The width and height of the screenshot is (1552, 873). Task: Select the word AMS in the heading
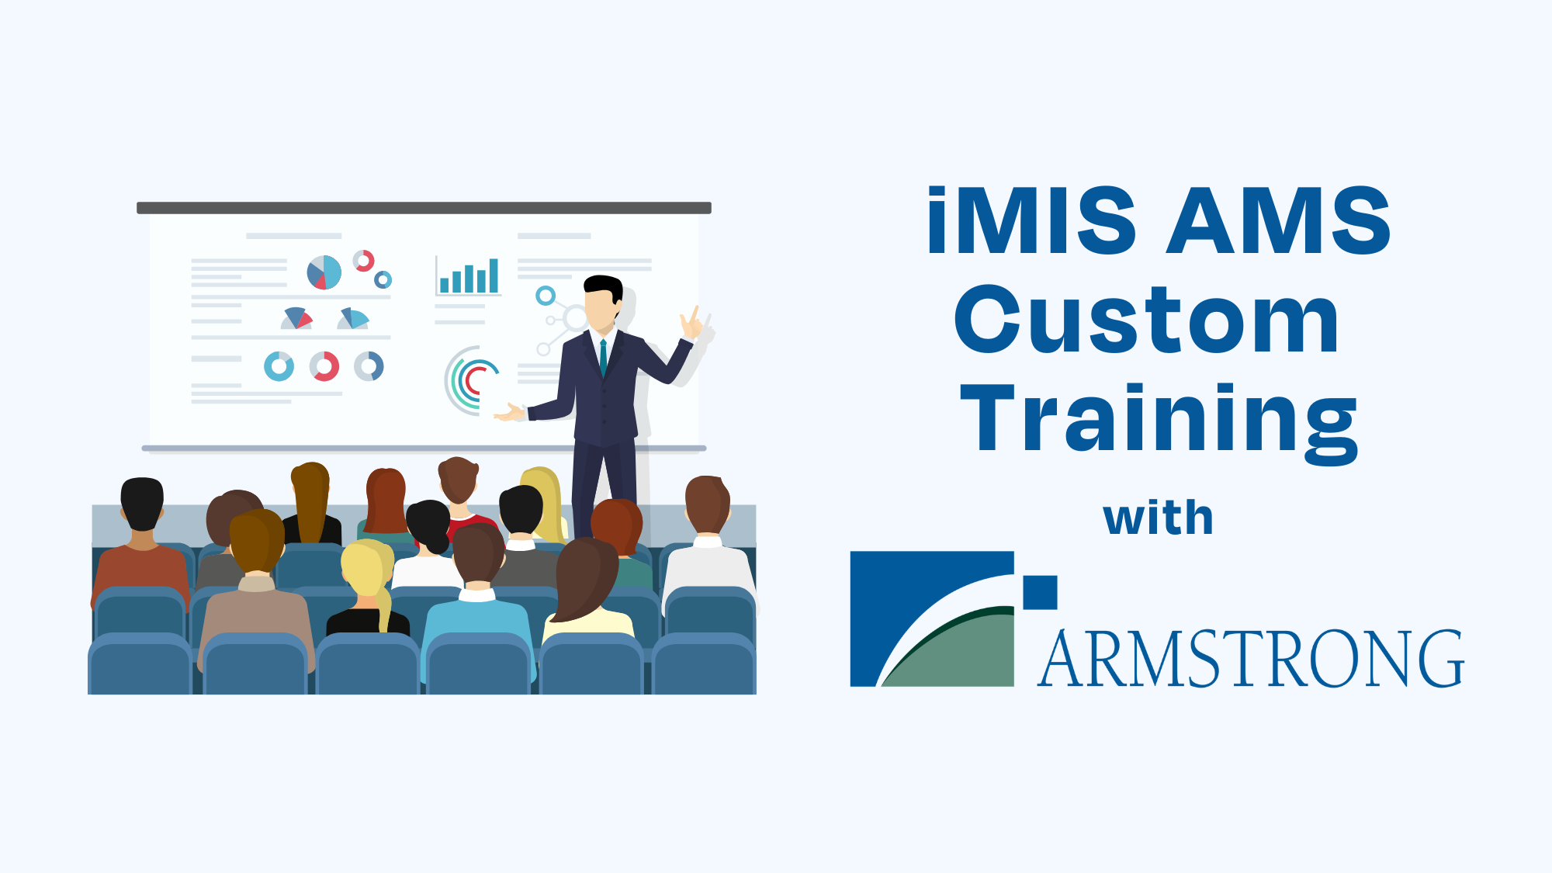coord(1279,220)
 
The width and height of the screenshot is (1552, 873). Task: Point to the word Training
coord(1159,423)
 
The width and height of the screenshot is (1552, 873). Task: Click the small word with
coord(1158,518)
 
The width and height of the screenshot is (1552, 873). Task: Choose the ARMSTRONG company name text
coord(1251,659)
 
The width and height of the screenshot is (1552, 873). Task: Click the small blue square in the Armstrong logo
coord(1040,592)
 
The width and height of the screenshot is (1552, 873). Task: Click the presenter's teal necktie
coord(603,358)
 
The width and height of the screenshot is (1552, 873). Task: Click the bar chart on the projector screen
coord(469,276)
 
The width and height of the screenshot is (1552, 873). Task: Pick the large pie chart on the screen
coord(324,272)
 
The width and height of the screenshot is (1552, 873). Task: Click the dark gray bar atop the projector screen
coord(424,208)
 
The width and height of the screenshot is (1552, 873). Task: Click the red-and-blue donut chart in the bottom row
coord(324,366)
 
